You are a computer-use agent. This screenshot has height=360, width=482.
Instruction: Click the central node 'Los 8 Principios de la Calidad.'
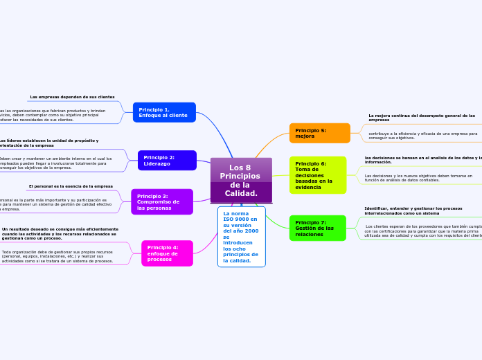(241, 180)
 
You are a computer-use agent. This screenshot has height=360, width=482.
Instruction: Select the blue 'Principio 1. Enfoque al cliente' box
(164, 112)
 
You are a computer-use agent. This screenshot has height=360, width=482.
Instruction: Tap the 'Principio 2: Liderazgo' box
(167, 160)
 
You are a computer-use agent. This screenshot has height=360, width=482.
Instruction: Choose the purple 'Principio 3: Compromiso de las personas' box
(162, 201)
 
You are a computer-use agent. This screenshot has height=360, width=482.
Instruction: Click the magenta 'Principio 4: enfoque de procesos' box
(167, 253)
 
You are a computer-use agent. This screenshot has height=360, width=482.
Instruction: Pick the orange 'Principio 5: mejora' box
(319, 133)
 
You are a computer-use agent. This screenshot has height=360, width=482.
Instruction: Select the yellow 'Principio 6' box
(317, 175)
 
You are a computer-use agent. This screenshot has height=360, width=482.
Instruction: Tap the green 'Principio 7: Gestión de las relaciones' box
(317, 228)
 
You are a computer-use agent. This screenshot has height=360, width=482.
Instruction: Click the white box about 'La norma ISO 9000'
(241, 237)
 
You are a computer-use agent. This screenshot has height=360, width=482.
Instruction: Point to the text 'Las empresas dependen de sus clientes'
(72, 97)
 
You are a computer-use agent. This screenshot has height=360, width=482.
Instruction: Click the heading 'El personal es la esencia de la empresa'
(71, 186)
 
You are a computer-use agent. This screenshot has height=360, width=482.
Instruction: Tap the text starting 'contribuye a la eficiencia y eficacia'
(422, 136)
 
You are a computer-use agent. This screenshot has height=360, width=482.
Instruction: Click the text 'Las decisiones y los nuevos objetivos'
(418, 178)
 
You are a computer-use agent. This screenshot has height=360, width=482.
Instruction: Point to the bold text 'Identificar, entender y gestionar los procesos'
(413, 210)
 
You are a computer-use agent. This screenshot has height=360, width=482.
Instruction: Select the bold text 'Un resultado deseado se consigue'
(60, 233)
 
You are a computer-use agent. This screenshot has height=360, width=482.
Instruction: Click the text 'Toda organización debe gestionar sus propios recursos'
(57, 256)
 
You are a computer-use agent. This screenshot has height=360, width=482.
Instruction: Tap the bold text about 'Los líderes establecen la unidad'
(48, 143)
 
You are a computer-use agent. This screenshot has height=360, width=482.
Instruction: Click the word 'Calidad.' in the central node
(241, 193)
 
